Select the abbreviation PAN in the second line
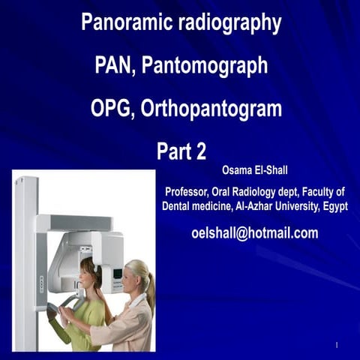tap(114, 66)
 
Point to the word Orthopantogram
tap(214, 109)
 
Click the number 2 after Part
tap(199, 151)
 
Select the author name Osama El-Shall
tap(256, 169)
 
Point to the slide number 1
tap(338, 345)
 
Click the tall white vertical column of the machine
tap(25, 262)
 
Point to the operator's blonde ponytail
tap(151, 289)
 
